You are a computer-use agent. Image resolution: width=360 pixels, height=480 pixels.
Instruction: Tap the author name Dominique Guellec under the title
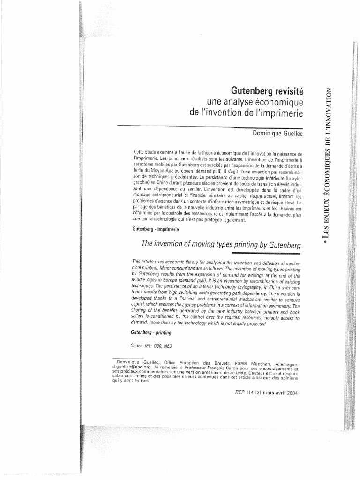tap(278, 134)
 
